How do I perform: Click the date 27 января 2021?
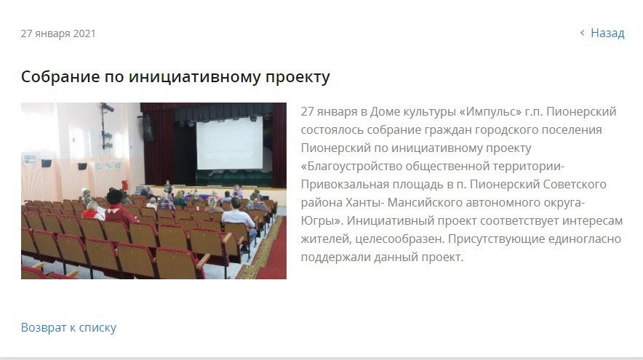(57, 33)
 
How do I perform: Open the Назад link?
(607, 33)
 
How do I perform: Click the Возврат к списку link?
(68, 327)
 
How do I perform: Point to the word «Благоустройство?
(351, 166)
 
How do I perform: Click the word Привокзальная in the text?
(345, 184)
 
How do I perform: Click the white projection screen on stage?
(230, 143)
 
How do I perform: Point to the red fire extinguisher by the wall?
(124, 185)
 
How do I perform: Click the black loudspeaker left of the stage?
(148, 128)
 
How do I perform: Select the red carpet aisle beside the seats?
(267, 251)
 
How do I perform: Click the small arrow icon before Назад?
(582, 33)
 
